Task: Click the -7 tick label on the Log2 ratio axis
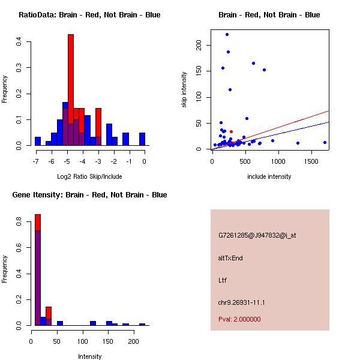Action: [x=36, y=161]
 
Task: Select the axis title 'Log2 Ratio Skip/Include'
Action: [x=89, y=176]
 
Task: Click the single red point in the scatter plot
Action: [x=231, y=131]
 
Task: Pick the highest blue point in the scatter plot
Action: [x=227, y=34]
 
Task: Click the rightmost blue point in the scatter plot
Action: [x=325, y=143]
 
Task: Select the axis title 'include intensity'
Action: [x=269, y=176]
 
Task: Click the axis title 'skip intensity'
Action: [x=184, y=90]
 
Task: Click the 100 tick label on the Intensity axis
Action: [x=82, y=341]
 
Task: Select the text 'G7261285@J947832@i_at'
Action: [x=257, y=235]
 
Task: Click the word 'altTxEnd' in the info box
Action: [x=230, y=258]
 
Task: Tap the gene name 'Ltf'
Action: [x=223, y=280]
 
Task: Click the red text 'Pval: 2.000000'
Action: [x=239, y=319]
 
